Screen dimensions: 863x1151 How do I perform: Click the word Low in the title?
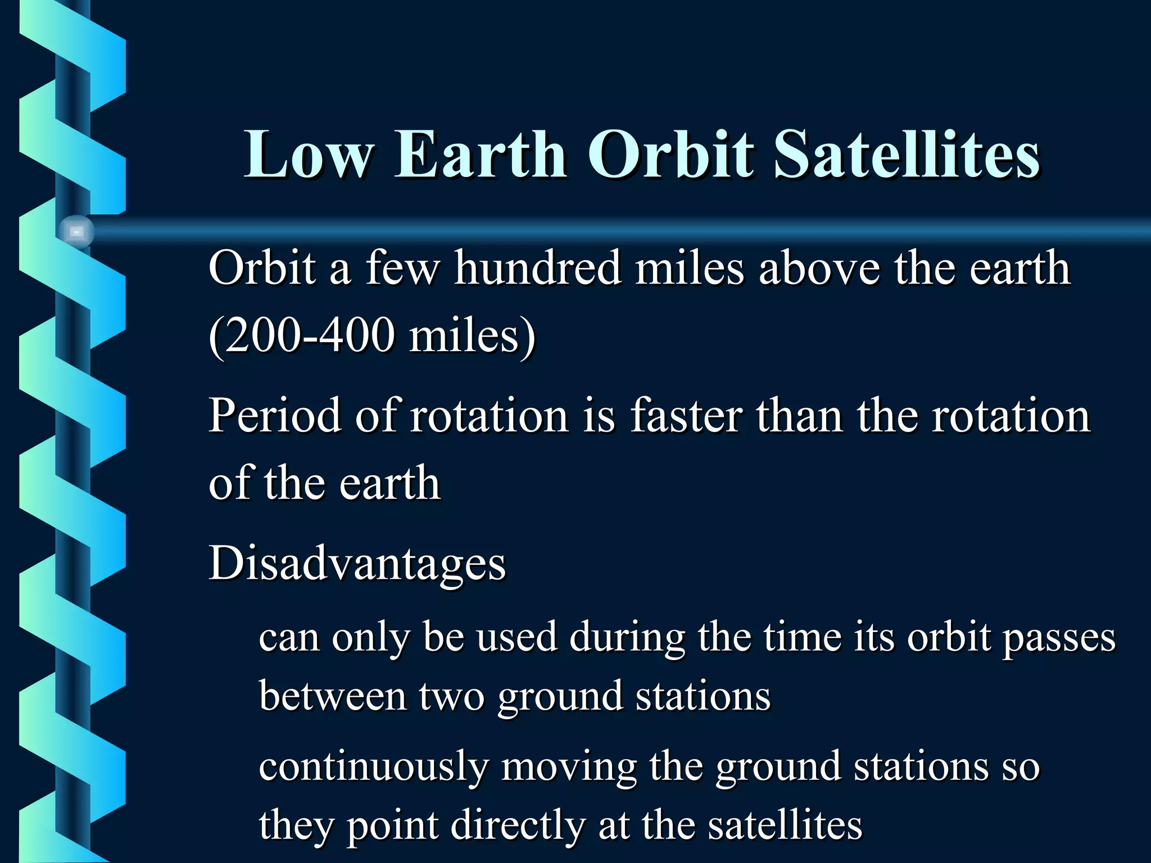click(309, 155)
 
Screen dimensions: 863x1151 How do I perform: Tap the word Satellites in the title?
click(906, 155)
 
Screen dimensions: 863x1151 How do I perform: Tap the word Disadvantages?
click(357, 564)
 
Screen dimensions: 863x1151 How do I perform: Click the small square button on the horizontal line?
click(76, 231)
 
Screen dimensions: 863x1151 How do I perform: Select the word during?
click(627, 638)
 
